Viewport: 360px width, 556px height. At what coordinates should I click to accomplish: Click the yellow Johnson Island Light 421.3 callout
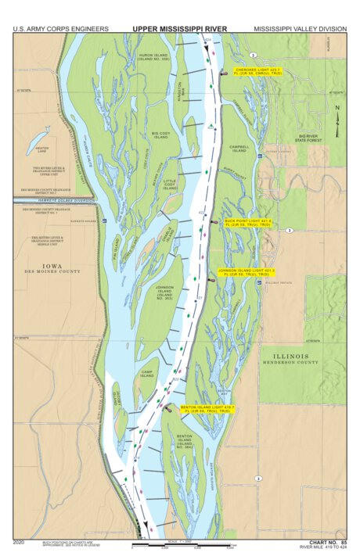245,274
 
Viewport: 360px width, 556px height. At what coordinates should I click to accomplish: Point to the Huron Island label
153,57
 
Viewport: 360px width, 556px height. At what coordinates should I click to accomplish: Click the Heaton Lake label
41,149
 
